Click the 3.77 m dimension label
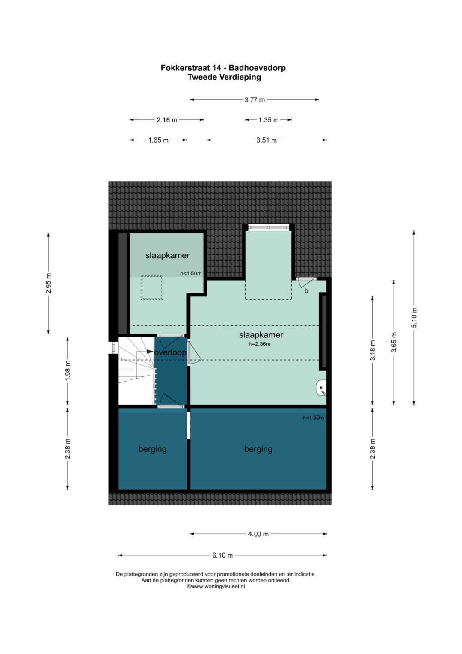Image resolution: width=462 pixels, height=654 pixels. pos(255,99)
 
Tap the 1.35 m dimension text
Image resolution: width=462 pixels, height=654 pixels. pos(268,120)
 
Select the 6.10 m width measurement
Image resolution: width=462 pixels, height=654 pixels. pos(222,555)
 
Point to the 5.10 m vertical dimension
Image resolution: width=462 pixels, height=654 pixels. pos(414,317)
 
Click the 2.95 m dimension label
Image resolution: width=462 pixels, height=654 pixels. pos(48,283)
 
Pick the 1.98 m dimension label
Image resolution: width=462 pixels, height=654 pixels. pos(68,371)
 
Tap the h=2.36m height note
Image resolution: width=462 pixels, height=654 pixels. pos(259,344)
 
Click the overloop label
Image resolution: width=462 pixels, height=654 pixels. pos(170,352)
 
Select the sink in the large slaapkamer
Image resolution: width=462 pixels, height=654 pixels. pos(321,388)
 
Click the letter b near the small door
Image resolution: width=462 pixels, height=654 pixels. pos(306,291)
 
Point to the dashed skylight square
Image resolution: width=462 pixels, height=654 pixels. pos(152,287)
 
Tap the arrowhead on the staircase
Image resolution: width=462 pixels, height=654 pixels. pos(150,352)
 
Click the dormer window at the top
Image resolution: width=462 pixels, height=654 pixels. pos(269,227)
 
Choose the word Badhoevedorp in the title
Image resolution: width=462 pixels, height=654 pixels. pos(257,68)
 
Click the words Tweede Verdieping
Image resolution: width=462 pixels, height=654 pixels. pos(224,77)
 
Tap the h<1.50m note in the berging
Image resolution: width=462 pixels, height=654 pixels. pos(313,418)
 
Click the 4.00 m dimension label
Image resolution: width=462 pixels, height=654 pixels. pos(258,534)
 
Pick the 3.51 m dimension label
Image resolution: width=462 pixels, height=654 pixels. pos(266,140)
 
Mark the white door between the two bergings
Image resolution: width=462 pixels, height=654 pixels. pos(188,425)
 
